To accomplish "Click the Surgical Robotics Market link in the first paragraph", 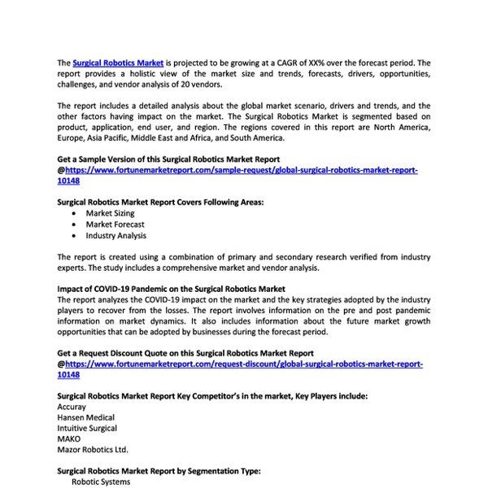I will tap(118, 62).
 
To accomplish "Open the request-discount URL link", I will tap(243, 364).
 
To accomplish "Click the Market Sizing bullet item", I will tap(110, 213).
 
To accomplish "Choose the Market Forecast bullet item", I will tap(115, 224).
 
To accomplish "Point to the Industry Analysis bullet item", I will tap(115, 236).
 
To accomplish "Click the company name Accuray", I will tap(72, 407).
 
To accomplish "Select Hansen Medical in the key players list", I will tap(86, 417).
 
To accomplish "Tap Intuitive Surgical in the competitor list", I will tap(87, 428).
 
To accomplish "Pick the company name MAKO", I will tap(70, 438).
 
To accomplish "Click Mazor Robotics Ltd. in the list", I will tap(93, 449).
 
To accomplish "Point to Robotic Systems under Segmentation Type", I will tap(101, 481).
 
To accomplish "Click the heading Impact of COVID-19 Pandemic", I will tap(171, 289).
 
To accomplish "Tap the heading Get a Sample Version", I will tap(168, 159).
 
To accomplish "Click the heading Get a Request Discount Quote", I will tap(185, 353).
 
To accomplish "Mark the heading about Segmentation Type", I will tap(159, 471).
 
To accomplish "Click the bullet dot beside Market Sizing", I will tap(76, 213).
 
